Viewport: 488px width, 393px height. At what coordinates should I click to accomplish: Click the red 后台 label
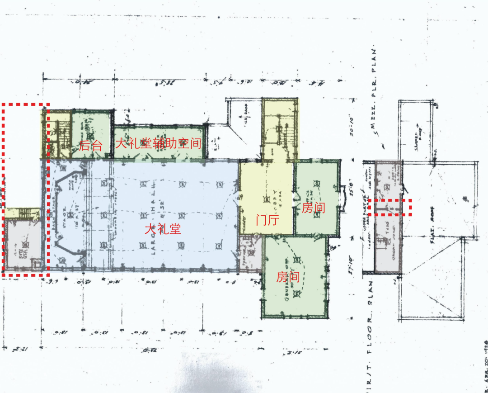pos(91,145)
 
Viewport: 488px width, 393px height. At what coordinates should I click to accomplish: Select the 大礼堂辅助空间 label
pos(158,144)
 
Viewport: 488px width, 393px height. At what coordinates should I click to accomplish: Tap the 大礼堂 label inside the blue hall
pos(163,229)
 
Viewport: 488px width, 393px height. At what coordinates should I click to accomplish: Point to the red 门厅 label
pos(267,220)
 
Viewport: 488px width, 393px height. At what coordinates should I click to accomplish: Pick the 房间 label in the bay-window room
pos(313,209)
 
